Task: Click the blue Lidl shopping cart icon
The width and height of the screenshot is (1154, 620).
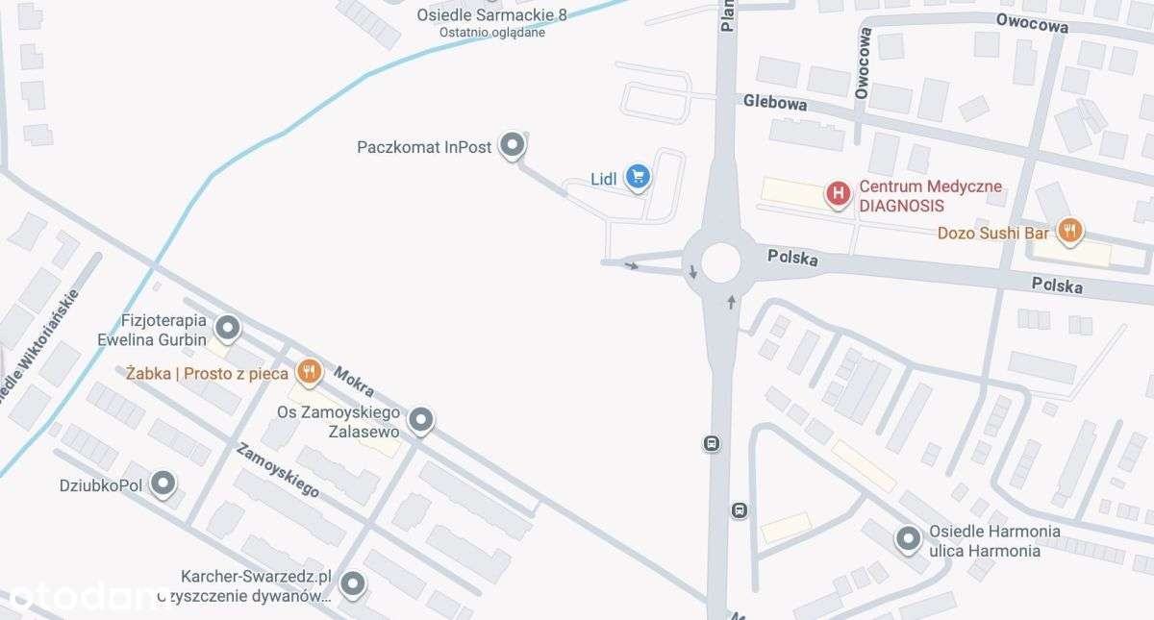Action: click(x=638, y=176)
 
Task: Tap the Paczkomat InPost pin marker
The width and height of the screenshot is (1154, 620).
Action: click(x=514, y=146)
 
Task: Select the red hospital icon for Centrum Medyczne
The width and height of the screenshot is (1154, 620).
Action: click(x=839, y=196)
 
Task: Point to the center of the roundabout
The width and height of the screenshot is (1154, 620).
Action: click(x=720, y=261)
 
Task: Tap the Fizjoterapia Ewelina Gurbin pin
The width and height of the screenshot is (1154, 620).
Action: click(x=228, y=330)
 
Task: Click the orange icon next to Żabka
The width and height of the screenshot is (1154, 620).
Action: click(x=308, y=372)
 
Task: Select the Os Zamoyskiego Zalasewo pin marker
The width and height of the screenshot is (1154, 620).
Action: click(x=421, y=420)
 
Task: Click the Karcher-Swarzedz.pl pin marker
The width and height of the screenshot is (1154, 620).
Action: click(x=354, y=583)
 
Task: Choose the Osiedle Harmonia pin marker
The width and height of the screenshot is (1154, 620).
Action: click(x=909, y=540)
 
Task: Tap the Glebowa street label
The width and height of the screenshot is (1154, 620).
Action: click(x=774, y=103)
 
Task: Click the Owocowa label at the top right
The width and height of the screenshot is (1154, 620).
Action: click(x=1032, y=26)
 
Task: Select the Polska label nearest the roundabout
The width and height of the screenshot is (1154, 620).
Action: click(x=793, y=259)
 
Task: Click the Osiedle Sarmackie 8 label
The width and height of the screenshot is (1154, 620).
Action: click(x=481, y=15)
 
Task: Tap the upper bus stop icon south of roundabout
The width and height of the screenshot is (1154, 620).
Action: click(x=711, y=443)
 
